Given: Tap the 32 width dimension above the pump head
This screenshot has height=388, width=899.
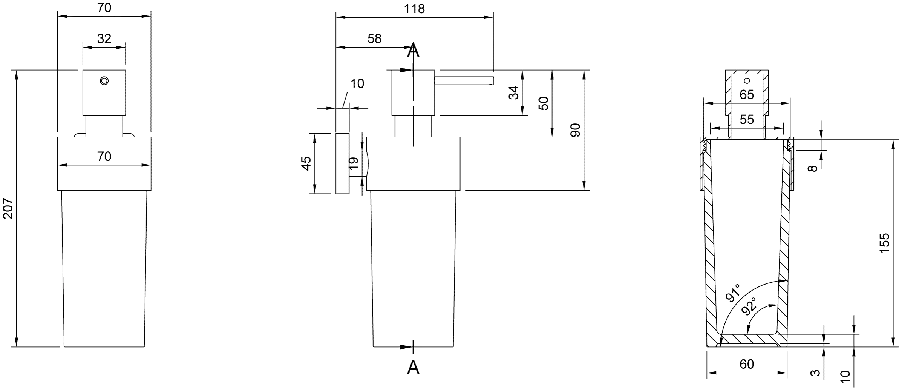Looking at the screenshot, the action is click(x=104, y=38).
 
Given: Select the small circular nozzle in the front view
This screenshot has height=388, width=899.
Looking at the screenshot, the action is click(x=104, y=80).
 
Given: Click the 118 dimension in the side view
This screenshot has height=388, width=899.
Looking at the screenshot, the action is click(x=414, y=9).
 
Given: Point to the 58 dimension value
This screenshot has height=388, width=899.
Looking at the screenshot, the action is click(x=374, y=38).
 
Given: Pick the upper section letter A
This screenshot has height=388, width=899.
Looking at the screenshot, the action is click(x=413, y=50).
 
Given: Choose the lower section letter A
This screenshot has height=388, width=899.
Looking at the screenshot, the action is click(x=413, y=367).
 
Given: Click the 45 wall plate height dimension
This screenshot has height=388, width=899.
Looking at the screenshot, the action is click(x=307, y=163).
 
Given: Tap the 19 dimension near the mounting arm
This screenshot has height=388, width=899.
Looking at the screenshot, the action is click(x=354, y=163).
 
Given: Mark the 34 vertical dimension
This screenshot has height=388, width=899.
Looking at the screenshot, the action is click(x=514, y=93).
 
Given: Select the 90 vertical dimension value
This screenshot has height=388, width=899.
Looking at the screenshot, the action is click(x=575, y=130).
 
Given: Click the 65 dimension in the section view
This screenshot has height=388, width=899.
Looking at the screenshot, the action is click(x=746, y=94).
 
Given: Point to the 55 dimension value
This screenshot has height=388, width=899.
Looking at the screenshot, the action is click(x=746, y=119).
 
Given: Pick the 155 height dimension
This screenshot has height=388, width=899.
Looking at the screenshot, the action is click(x=884, y=243).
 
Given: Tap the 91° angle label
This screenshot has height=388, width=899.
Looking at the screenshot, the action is click(x=732, y=293).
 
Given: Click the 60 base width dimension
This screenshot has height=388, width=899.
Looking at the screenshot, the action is click(x=746, y=364).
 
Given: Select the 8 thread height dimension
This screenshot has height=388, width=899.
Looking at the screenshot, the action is click(x=813, y=168).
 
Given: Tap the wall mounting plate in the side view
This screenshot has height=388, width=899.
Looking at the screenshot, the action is click(x=342, y=163).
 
